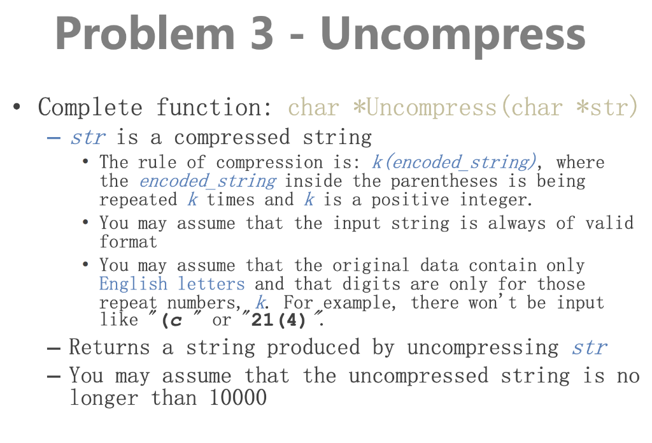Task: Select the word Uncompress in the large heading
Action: coord(453,33)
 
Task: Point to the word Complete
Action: coord(90,106)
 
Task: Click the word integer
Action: coord(495,200)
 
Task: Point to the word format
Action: coord(128,242)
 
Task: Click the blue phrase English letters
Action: coord(172,284)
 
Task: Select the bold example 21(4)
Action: coord(274,320)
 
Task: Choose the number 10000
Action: coord(236,398)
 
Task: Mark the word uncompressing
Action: coord(483,347)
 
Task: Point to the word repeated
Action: coord(138,200)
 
